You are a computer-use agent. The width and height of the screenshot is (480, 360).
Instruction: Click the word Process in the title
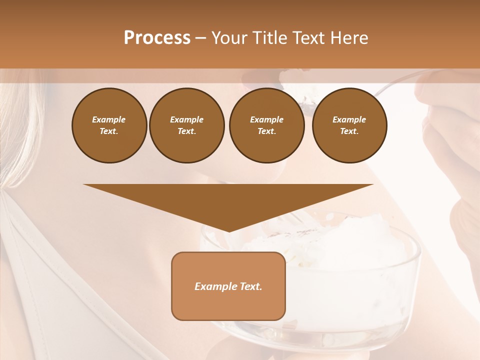[x=157, y=38]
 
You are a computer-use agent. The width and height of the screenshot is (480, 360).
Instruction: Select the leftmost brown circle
[x=109, y=125]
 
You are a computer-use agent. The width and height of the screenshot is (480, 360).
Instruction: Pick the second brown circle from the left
[x=186, y=125]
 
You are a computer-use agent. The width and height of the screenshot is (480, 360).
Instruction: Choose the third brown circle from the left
[x=266, y=125]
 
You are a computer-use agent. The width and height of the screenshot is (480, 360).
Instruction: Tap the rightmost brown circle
[x=349, y=125]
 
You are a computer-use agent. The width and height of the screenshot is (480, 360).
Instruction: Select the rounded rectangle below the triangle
[x=228, y=305]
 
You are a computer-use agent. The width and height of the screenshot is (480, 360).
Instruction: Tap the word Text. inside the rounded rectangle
[x=250, y=286]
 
